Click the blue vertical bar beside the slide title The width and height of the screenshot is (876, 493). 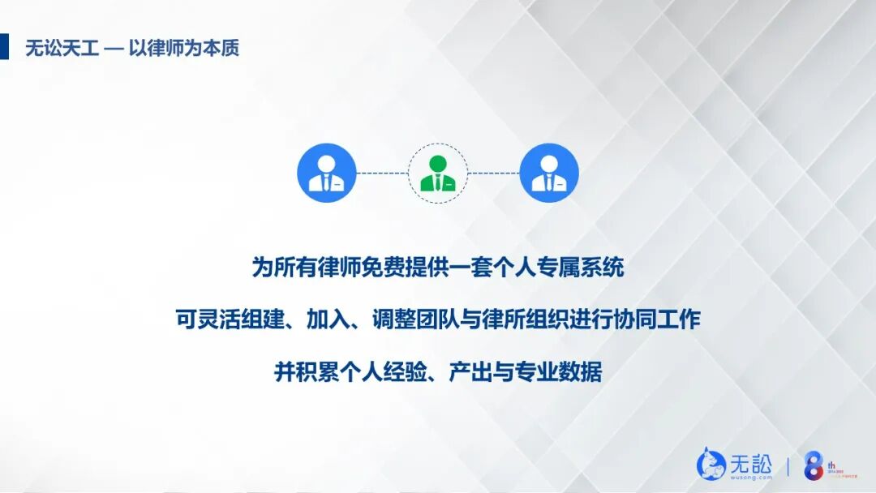pos(4,47)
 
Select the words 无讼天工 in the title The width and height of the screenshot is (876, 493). pos(62,48)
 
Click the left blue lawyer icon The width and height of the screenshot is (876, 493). pos(327,173)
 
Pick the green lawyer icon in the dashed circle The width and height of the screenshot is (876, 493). pos(438,173)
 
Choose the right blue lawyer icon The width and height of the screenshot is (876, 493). pos(549,173)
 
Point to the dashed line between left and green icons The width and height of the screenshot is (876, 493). pos(382,173)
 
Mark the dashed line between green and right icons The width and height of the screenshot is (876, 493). pos(493,173)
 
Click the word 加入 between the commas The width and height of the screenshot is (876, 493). pos(328,319)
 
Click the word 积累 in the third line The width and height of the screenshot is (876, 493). pos(317,372)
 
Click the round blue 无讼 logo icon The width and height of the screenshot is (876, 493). pos(711,464)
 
